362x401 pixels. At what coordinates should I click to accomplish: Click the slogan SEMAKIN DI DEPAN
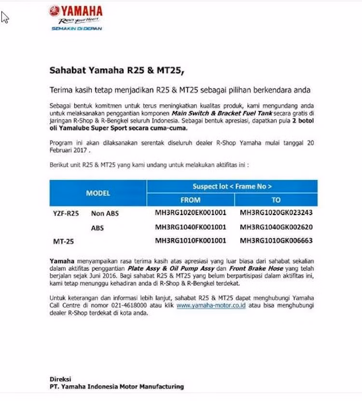coord(77,29)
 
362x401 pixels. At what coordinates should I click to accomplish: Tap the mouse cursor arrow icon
coord(5,17)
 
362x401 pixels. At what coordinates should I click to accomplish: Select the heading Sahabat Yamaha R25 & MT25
coord(117,70)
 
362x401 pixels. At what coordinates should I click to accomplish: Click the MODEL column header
coord(98,193)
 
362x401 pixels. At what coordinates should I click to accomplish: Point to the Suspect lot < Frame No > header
coord(232,186)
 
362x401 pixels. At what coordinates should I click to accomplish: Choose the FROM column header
coord(190,200)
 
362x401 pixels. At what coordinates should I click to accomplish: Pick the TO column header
coord(276,200)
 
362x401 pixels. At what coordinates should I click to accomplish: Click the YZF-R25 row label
coord(66,213)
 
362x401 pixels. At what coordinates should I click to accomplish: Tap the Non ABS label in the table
coord(105,213)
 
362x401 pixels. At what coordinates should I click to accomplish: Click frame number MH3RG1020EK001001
coord(190,213)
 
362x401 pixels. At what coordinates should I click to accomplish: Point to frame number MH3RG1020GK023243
coord(276,213)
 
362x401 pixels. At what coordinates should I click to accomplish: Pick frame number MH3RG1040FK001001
coord(190,227)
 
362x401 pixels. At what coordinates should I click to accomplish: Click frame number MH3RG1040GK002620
coord(276,227)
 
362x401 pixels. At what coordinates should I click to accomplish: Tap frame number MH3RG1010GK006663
coord(276,240)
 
